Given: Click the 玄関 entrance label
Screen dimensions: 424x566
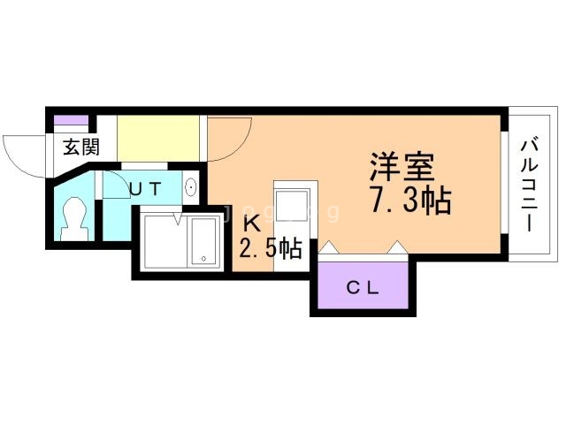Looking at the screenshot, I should [x=80, y=147].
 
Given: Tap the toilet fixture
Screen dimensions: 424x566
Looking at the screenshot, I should [x=73, y=216].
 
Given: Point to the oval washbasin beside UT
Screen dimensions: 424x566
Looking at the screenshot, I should [x=190, y=187].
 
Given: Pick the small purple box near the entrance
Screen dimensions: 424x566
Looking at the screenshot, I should [x=71, y=120].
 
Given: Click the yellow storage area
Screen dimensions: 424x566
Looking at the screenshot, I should [x=158, y=137].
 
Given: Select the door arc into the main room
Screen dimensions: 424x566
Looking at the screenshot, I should [x=232, y=141].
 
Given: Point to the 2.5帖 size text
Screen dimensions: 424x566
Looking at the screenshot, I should [x=271, y=248].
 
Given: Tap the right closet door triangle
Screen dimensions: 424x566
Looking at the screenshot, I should [x=397, y=248].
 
